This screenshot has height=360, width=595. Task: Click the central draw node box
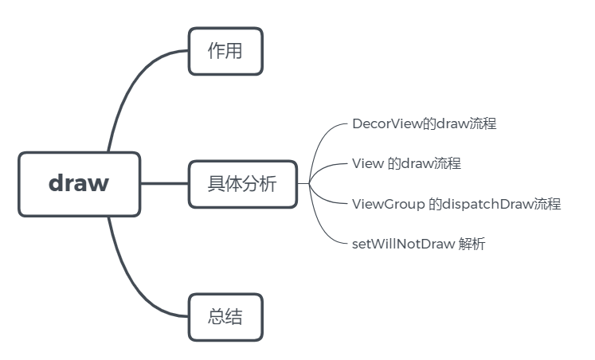click(x=79, y=184)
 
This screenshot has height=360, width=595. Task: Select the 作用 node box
click(x=225, y=51)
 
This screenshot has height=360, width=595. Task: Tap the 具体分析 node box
click(x=242, y=184)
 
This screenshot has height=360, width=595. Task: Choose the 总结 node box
click(x=225, y=317)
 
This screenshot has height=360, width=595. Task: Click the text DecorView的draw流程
click(x=424, y=124)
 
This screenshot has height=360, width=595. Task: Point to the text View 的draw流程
click(x=406, y=164)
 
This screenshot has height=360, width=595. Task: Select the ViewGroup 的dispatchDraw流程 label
click(x=456, y=204)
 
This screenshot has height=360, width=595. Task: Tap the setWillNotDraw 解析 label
click(x=418, y=244)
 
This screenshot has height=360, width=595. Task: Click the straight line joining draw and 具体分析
click(x=164, y=184)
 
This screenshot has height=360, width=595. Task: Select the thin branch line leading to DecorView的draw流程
click(x=323, y=140)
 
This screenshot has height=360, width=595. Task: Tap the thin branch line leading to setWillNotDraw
click(x=323, y=228)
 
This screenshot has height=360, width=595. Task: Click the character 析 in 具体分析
click(x=268, y=184)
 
